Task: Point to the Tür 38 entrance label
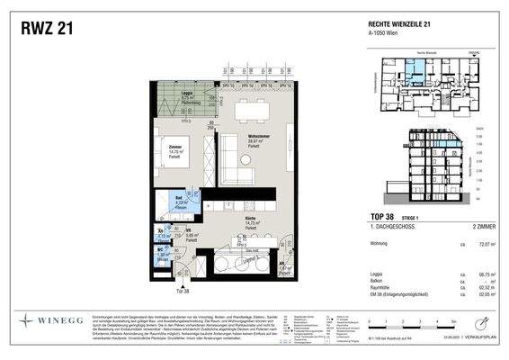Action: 182,291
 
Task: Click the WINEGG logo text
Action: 63,319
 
